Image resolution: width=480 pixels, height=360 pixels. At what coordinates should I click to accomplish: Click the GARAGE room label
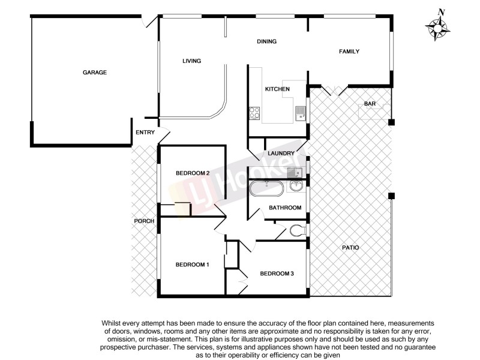click(94, 73)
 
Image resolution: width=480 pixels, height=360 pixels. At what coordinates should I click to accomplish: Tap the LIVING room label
click(191, 61)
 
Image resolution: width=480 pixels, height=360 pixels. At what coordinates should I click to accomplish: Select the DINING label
click(266, 42)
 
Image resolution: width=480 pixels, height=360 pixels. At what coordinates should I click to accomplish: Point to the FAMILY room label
click(349, 52)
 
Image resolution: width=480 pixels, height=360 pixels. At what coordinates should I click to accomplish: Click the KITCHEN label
click(277, 89)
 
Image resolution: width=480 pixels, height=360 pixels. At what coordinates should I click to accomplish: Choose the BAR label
click(370, 104)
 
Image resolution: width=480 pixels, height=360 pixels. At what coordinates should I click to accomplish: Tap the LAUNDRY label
click(281, 154)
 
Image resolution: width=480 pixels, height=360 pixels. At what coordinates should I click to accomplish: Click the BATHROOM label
click(284, 208)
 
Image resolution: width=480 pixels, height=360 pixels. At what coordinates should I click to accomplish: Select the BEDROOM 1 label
click(192, 265)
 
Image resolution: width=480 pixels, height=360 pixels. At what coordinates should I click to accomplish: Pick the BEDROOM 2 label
click(192, 173)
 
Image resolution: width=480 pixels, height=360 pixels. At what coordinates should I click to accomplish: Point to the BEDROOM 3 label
click(277, 274)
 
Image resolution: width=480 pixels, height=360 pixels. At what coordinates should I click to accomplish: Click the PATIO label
click(351, 247)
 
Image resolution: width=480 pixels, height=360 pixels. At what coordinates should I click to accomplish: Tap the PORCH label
click(144, 221)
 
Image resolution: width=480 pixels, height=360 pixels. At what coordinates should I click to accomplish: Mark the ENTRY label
click(145, 133)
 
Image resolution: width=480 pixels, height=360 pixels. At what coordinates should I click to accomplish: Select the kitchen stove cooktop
click(254, 112)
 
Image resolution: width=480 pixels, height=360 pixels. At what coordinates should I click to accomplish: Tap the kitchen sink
click(300, 112)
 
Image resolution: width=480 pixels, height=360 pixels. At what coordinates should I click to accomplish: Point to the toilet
click(296, 230)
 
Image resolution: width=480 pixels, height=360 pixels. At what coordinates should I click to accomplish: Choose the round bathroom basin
click(296, 186)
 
